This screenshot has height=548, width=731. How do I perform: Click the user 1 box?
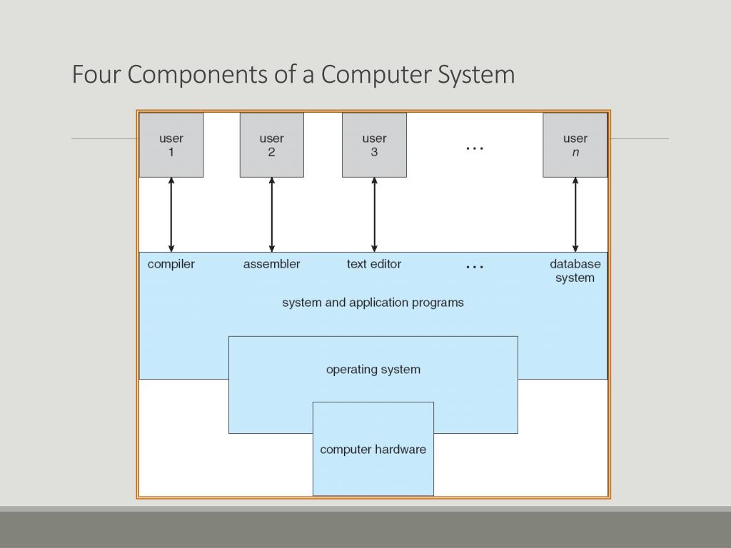[x=171, y=145]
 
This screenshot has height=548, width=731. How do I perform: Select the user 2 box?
[x=272, y=145]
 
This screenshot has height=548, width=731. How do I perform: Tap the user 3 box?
[x=374, y=145]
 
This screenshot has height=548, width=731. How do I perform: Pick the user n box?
[x=575, y=145]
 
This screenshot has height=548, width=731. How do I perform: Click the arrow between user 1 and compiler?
[x=171, y=215]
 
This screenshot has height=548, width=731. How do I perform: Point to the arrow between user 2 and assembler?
[x=272, y=215]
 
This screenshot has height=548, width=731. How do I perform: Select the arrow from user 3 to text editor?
[x=374, y=215]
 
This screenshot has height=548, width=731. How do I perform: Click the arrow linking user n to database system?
[x=575, y=215]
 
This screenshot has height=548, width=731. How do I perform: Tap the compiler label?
[x=171, y=264]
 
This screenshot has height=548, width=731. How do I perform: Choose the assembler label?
[x=272, y=264]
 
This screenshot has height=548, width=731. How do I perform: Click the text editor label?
[x=374, y=264]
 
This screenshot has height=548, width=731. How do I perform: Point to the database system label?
[x=575, y=270]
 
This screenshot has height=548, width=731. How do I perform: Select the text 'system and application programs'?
[x=373, y=303]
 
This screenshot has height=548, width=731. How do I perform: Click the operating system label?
[x=373, y=370]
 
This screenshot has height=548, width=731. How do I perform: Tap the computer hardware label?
[x=373, y=450]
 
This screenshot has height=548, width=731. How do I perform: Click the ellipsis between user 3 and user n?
[x=475, y=148]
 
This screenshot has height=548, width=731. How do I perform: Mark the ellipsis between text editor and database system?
[x=475, y=268]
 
